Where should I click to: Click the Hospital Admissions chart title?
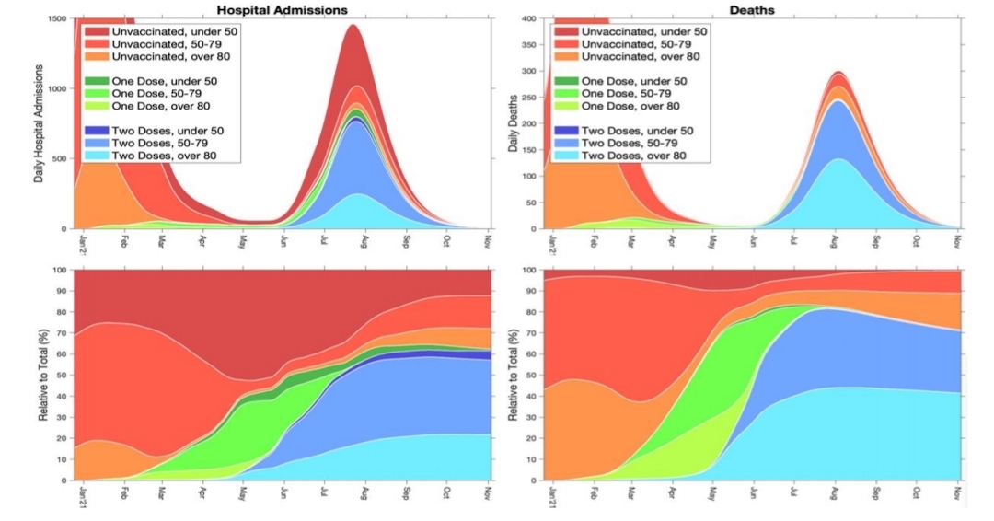click(283, 8)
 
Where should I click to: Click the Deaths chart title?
click(752, 8)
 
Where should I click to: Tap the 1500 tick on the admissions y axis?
click(57, 18)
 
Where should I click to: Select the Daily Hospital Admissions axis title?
click(40, 123)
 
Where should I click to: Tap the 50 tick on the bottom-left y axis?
click(62, 375)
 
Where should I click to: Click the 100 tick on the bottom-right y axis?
click(530, 270)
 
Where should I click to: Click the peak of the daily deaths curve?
click(837, 72)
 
